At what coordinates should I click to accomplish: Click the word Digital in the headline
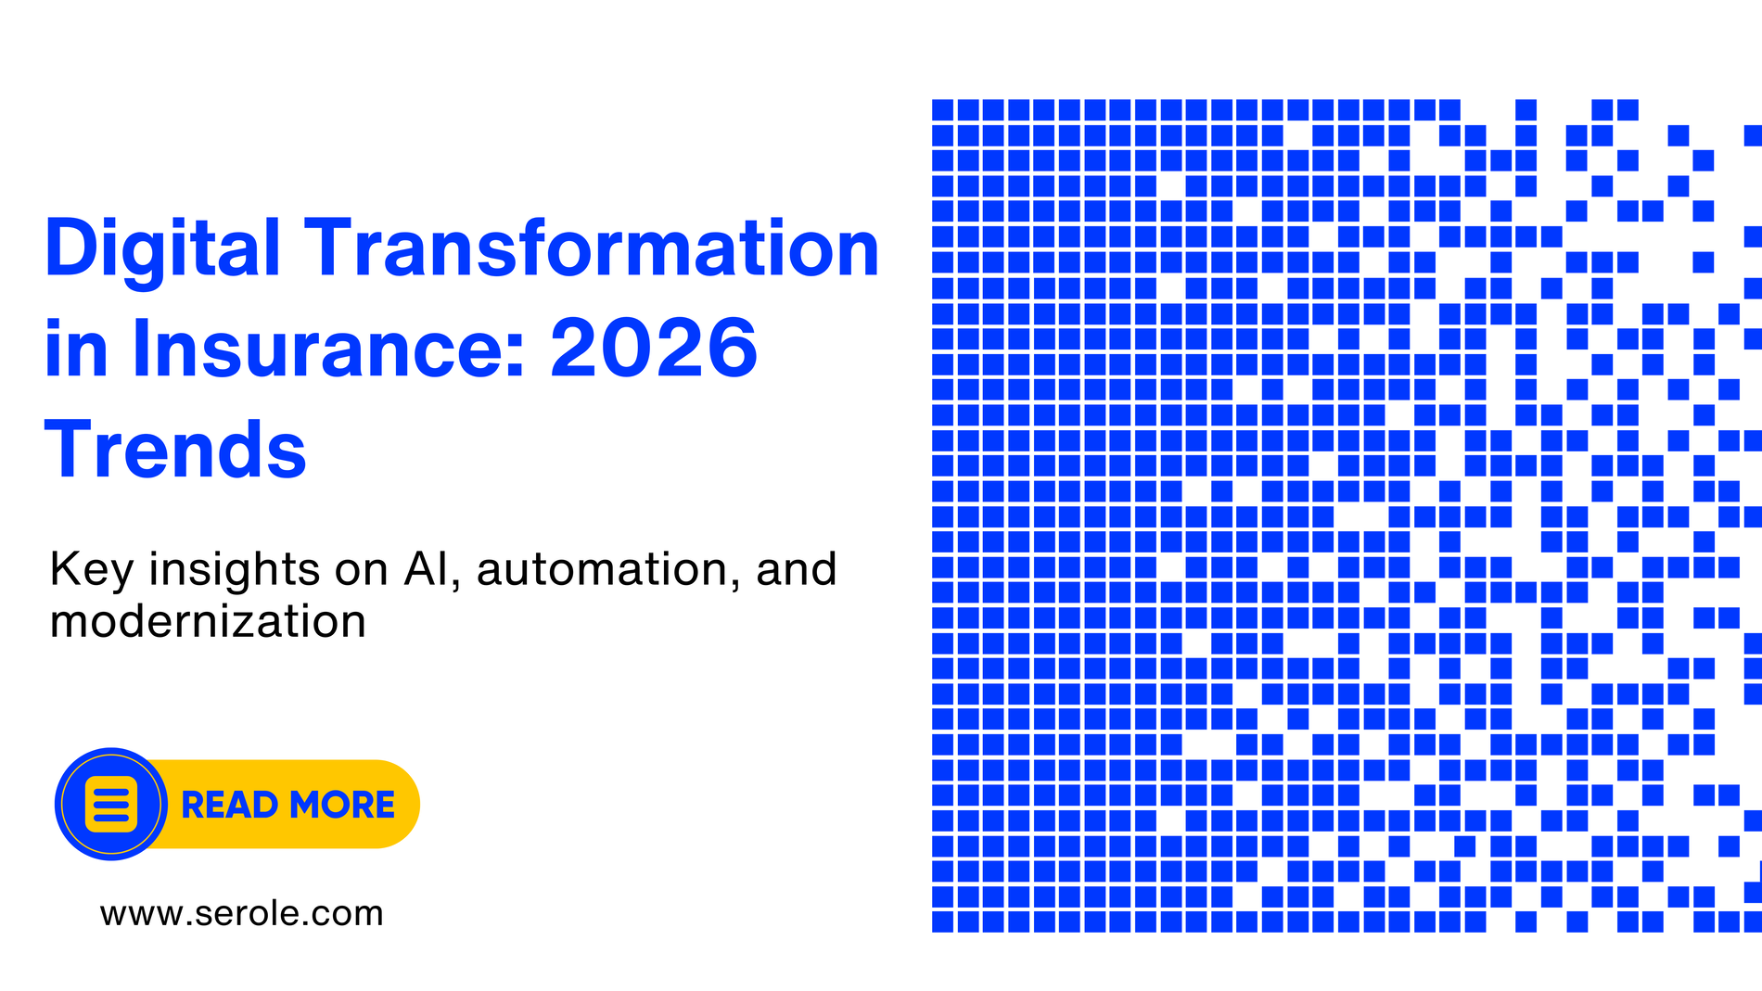[162, 249]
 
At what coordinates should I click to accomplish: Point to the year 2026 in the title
[654, 349]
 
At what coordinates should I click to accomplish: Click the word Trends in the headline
[175, 450]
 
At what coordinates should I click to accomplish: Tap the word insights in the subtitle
[235, 570]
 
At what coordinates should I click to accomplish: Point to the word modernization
[208, 621]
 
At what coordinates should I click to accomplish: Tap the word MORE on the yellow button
[342, 805]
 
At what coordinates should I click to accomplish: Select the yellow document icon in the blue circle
[111, 804]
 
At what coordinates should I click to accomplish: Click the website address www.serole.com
[242, 913]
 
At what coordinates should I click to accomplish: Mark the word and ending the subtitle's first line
[797, 568]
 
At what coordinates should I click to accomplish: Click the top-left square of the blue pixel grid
[942, 110]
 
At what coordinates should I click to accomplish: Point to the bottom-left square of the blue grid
[942, 921]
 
